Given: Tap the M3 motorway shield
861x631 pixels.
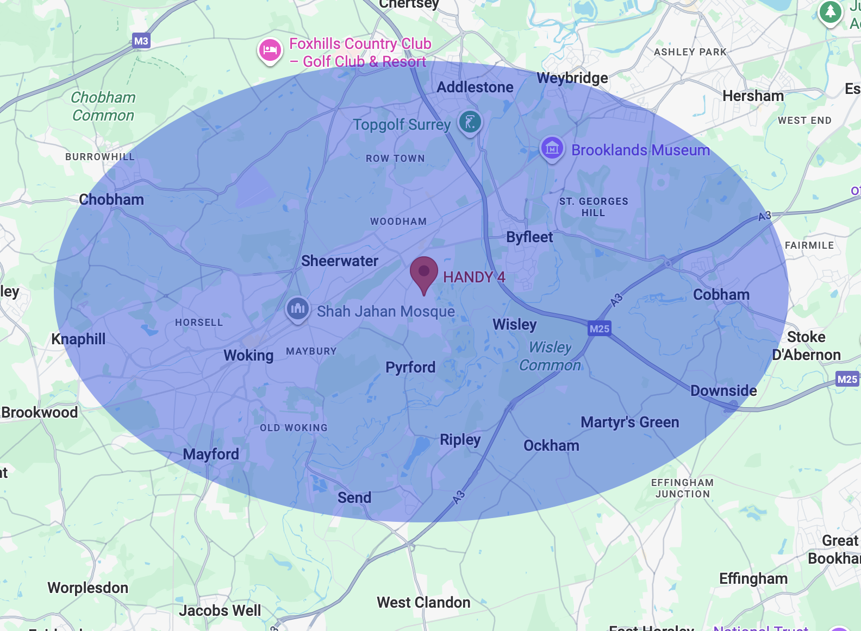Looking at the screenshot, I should [x=141, y=41].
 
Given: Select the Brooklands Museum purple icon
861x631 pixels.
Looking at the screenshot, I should [x=552, y=147].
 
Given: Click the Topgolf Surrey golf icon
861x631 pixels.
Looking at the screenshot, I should [x=470, y=121].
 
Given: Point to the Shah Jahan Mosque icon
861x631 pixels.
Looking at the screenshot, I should [x=297, y=309].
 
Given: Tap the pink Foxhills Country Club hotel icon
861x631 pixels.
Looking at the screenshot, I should [x=270, y=51].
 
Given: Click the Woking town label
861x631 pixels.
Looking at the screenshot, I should [x=248, y=356].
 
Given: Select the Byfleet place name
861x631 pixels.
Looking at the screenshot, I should [x=529, y=237].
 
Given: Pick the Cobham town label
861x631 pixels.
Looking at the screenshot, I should [x=721, y=295].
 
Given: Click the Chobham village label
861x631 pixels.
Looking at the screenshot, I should [x=111, y=200].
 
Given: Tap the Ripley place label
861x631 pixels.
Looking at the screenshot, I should [x=460, y=439].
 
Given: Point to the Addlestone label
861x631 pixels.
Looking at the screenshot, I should [x=475, y=87].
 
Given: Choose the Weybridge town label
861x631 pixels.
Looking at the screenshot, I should [x=572, y=78].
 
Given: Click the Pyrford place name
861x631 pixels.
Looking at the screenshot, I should [x=410, y=368].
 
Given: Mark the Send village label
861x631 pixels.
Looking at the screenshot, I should [x=354, y=497].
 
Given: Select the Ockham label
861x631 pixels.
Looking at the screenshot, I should [x=551, y=446].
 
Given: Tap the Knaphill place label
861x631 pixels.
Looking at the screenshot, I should [x=79, y=339].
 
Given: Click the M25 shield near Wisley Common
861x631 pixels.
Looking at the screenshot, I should [x=600, y=329].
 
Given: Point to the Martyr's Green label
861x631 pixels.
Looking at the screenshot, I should [x=630, y=422].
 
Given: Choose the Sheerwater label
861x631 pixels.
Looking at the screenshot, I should [x=340, y=261].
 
